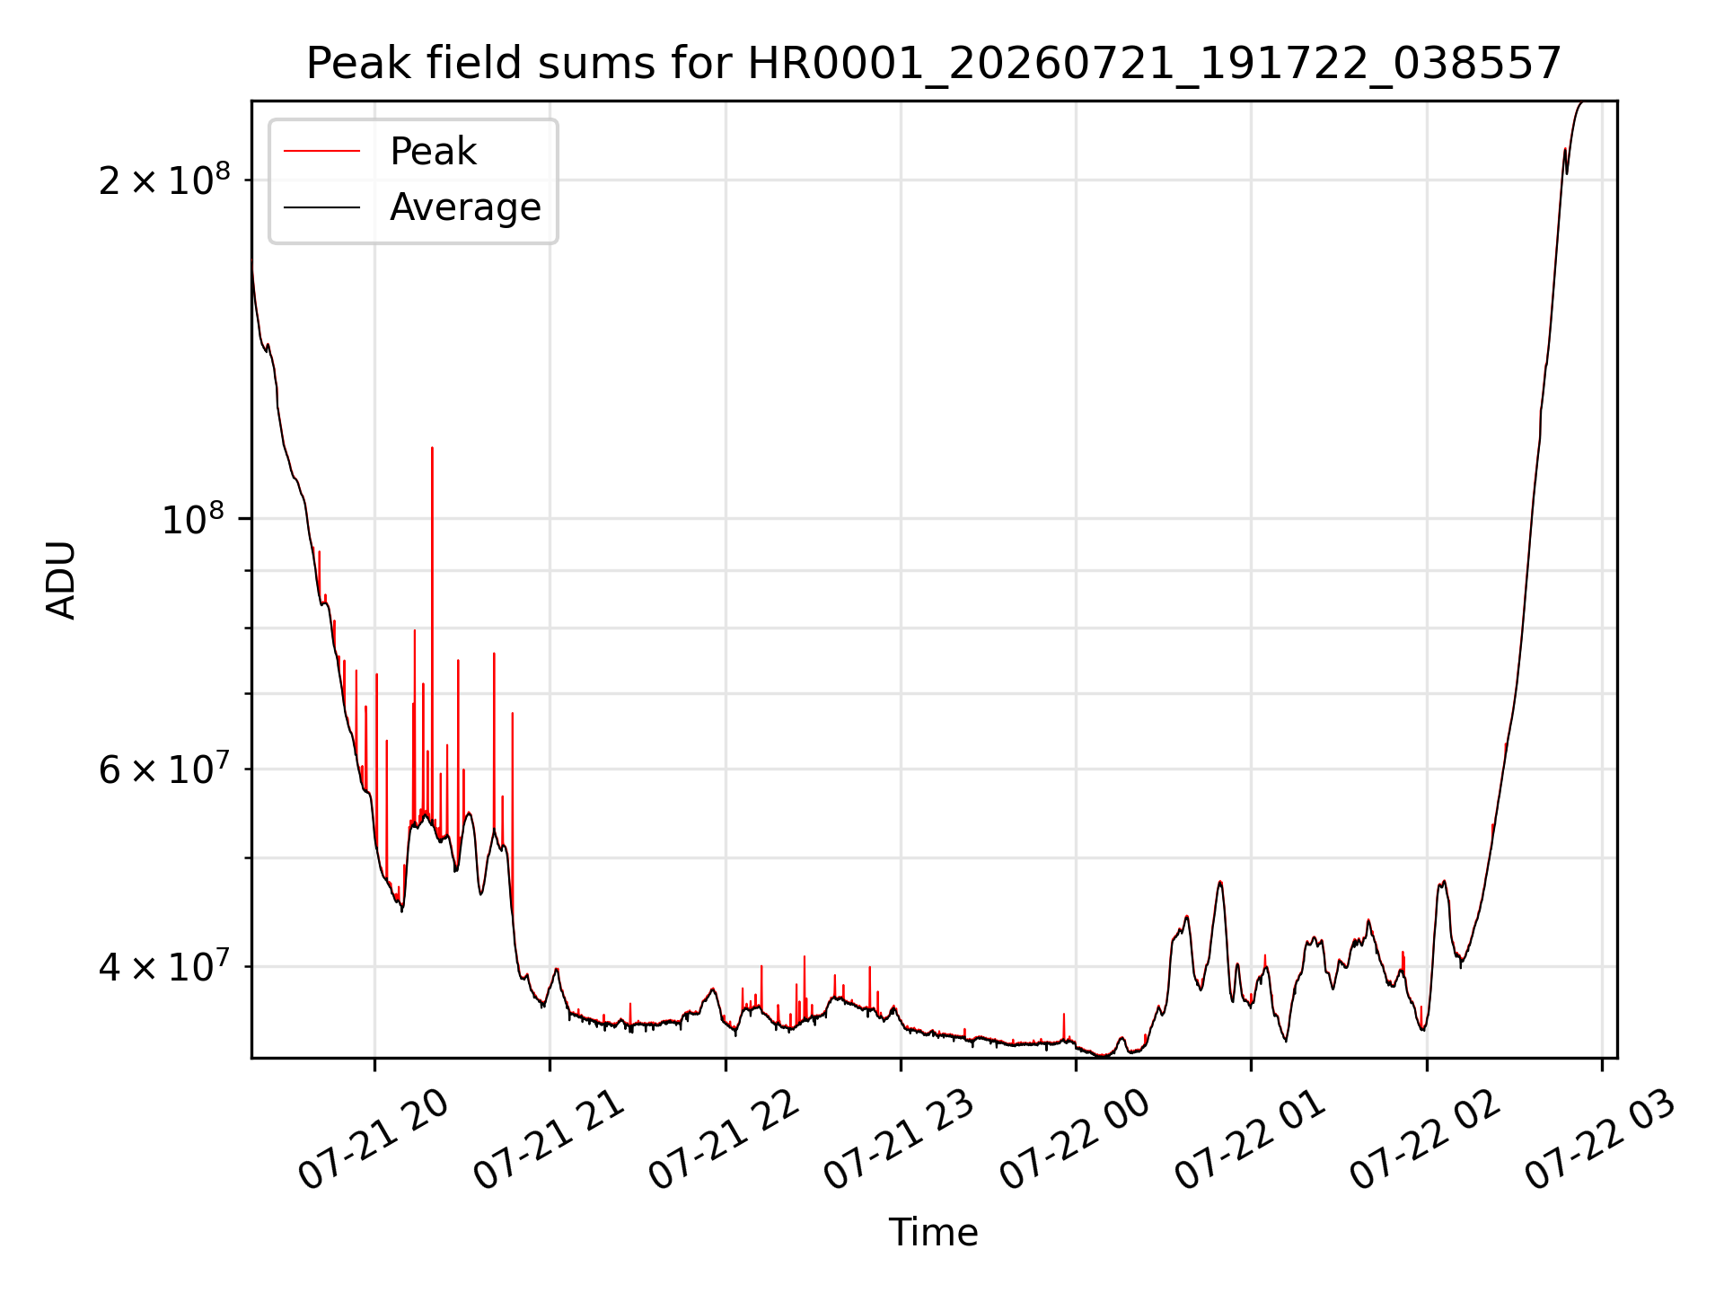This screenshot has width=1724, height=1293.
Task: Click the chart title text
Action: coord(934,64)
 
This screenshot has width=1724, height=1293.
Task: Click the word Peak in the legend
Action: coord(433,152)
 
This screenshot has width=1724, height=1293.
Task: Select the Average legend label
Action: coord(465,207)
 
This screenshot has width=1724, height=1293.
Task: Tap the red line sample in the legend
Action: coord(322,152)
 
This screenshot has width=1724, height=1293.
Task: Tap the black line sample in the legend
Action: coord(322,207)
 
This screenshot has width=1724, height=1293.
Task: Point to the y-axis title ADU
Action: coord(62,580)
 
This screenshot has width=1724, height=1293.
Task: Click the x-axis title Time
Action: coord(934,1233)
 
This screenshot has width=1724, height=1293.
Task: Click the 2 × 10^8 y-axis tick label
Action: coord(164,180)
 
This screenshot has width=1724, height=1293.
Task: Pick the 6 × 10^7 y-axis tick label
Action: coord(164,770)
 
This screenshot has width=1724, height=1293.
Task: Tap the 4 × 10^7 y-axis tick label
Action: coord(164,967)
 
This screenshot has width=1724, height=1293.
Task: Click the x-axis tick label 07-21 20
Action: coord(373,1140)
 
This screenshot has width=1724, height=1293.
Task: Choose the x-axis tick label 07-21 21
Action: coord(548,1140)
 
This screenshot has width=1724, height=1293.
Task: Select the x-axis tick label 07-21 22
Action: coord(723,1140)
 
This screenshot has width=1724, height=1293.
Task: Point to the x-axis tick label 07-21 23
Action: coord(898,1140)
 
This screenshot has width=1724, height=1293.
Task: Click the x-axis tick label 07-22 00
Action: coord(1074,1140)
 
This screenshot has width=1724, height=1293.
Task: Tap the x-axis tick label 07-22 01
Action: coord(1249,1140)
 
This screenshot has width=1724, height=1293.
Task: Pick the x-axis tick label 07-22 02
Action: coord(1424,1140)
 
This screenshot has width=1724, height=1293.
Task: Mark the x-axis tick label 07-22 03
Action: coord(1599,1140)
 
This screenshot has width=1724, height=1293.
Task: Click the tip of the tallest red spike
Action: coord(432,447)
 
